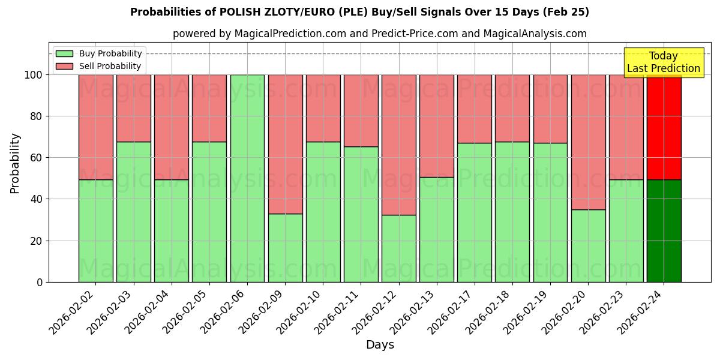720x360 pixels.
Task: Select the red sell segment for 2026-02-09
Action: tap(285, 144)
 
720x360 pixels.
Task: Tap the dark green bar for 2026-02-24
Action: tap(664, 231)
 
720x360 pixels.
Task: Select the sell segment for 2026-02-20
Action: tap(588, 142)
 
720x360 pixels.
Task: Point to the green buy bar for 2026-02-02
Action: tap(95, 231)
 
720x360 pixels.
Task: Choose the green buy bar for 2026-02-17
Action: tap(475, 212)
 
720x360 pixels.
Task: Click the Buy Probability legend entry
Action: tap(99, 53)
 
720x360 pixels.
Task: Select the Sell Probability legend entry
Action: tap(99, 66)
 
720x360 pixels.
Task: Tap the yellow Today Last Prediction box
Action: tap(664, 62)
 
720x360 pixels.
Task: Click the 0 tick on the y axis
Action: tap(40, 282)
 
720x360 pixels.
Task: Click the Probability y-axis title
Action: tap(15, 163)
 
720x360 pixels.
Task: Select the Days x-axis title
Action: tap(380, 345)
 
